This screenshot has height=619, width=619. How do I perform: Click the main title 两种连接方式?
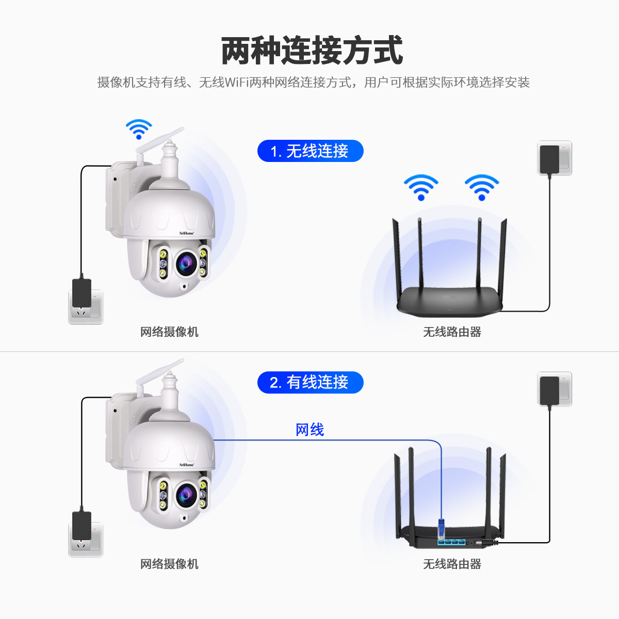(312, 51)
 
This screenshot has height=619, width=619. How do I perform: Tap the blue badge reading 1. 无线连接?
(310, 151)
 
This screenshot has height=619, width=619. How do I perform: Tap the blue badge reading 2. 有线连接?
(310, 382)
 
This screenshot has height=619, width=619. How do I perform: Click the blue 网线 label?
(309, 430)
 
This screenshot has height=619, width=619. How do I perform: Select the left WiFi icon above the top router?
(421, 187)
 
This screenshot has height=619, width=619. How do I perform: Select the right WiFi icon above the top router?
(482, 187)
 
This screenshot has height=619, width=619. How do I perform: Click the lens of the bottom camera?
(184, 495)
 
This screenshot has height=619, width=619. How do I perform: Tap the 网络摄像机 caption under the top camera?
(169, 332)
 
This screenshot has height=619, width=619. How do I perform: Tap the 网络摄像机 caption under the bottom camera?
(169, 564)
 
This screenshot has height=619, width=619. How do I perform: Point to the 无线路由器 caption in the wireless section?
(452, 332)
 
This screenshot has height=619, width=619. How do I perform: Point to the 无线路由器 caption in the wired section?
(452, 564)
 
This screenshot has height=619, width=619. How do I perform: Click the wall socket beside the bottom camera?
(86, 541)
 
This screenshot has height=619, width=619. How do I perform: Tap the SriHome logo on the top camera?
(186, 233)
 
